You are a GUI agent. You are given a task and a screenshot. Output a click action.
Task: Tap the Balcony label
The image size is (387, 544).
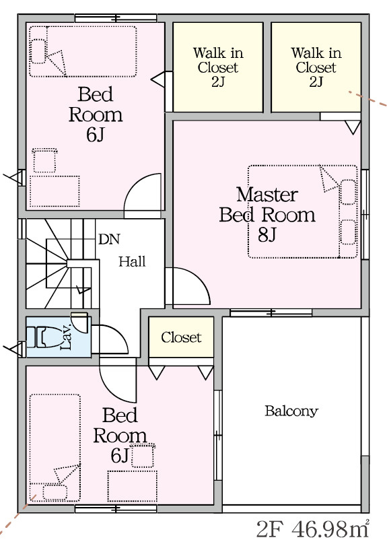pos(291,411)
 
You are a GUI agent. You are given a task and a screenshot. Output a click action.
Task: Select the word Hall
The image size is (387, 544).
pos(132,261)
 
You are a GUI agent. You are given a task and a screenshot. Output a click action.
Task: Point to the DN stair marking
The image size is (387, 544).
pos(109,239)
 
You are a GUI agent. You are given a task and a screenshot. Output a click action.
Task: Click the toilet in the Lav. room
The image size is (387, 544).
pos(42,337)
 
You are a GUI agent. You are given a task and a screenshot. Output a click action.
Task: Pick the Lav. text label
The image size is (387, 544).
pos(66,336)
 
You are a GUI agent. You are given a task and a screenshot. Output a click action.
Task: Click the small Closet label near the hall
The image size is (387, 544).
pos(181,337)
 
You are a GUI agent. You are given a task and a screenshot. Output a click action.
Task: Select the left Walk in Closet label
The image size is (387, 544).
pos(218,67)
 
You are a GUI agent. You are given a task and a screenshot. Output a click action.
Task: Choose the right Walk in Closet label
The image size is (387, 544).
pos(316,67)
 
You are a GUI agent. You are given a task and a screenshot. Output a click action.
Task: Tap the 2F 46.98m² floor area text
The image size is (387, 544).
pos(313,529)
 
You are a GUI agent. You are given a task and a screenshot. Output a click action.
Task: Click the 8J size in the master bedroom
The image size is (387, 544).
pos(267,235)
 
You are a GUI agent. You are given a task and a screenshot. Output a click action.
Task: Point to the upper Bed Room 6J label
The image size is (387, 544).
pos(96,114)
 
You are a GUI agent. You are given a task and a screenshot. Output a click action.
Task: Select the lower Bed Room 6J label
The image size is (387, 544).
pos(120,436)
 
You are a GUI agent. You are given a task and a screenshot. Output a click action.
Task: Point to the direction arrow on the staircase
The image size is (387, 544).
pos(83,289)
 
